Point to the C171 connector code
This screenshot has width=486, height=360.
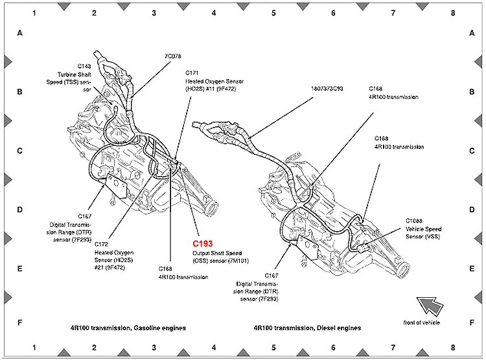(192, 73)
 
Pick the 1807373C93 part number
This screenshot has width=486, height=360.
(326, 87)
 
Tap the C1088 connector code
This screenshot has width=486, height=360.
(414, 221)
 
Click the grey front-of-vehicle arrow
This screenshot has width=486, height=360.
(430, 303)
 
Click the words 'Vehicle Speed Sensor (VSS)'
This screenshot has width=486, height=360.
(424, 232)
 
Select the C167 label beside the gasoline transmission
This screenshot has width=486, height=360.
(85, 216)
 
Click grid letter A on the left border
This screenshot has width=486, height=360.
(19, 33)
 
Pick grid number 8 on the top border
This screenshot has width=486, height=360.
(453, 12)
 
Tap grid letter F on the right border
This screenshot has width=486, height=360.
(471, 322)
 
